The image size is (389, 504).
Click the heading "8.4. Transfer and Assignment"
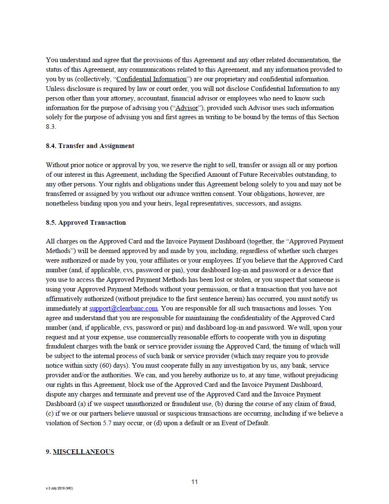90,146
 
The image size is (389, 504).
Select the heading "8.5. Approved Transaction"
86,223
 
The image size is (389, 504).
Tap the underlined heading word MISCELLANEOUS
83,452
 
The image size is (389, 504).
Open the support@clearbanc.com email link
123,308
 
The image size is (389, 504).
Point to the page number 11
194,482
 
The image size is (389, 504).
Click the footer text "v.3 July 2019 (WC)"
59,488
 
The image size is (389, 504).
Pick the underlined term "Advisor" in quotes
187,108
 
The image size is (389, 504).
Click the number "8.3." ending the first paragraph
51,127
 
